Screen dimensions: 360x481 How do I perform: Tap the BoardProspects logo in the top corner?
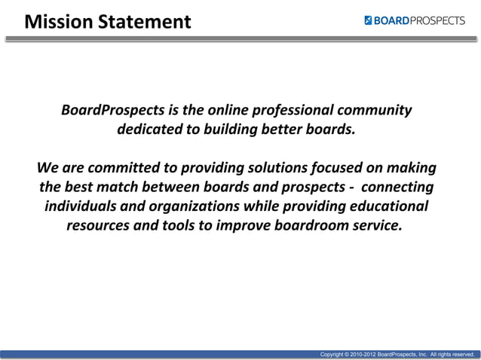pyautogui.click(x=414, y=20)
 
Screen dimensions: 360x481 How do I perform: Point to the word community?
pyautogui.click(x=375, y=111)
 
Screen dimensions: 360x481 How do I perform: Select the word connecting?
pyautogui.click(x=398, y=187)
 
